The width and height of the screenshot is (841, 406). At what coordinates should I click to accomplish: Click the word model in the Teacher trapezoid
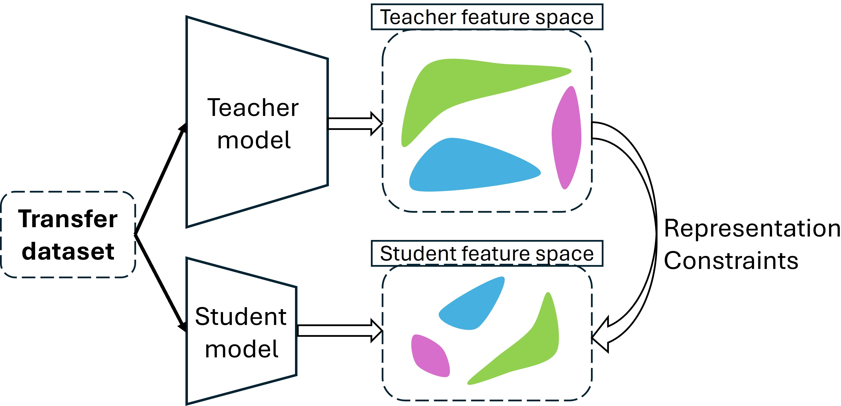[254, 140]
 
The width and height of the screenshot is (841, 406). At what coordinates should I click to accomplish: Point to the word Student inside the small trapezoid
[241, 317]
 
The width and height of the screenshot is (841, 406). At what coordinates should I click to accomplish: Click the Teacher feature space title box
[487, 17]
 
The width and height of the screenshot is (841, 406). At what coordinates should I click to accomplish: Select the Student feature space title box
[487, 253]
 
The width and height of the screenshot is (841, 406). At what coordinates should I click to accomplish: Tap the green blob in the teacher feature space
[457, 85]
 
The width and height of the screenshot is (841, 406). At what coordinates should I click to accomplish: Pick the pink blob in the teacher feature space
[566, 137]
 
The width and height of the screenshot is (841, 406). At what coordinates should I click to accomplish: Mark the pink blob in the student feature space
[429, 355]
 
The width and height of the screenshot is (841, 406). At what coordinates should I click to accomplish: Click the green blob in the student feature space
[529, 349]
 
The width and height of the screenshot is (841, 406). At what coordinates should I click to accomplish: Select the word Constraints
[731, 261]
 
